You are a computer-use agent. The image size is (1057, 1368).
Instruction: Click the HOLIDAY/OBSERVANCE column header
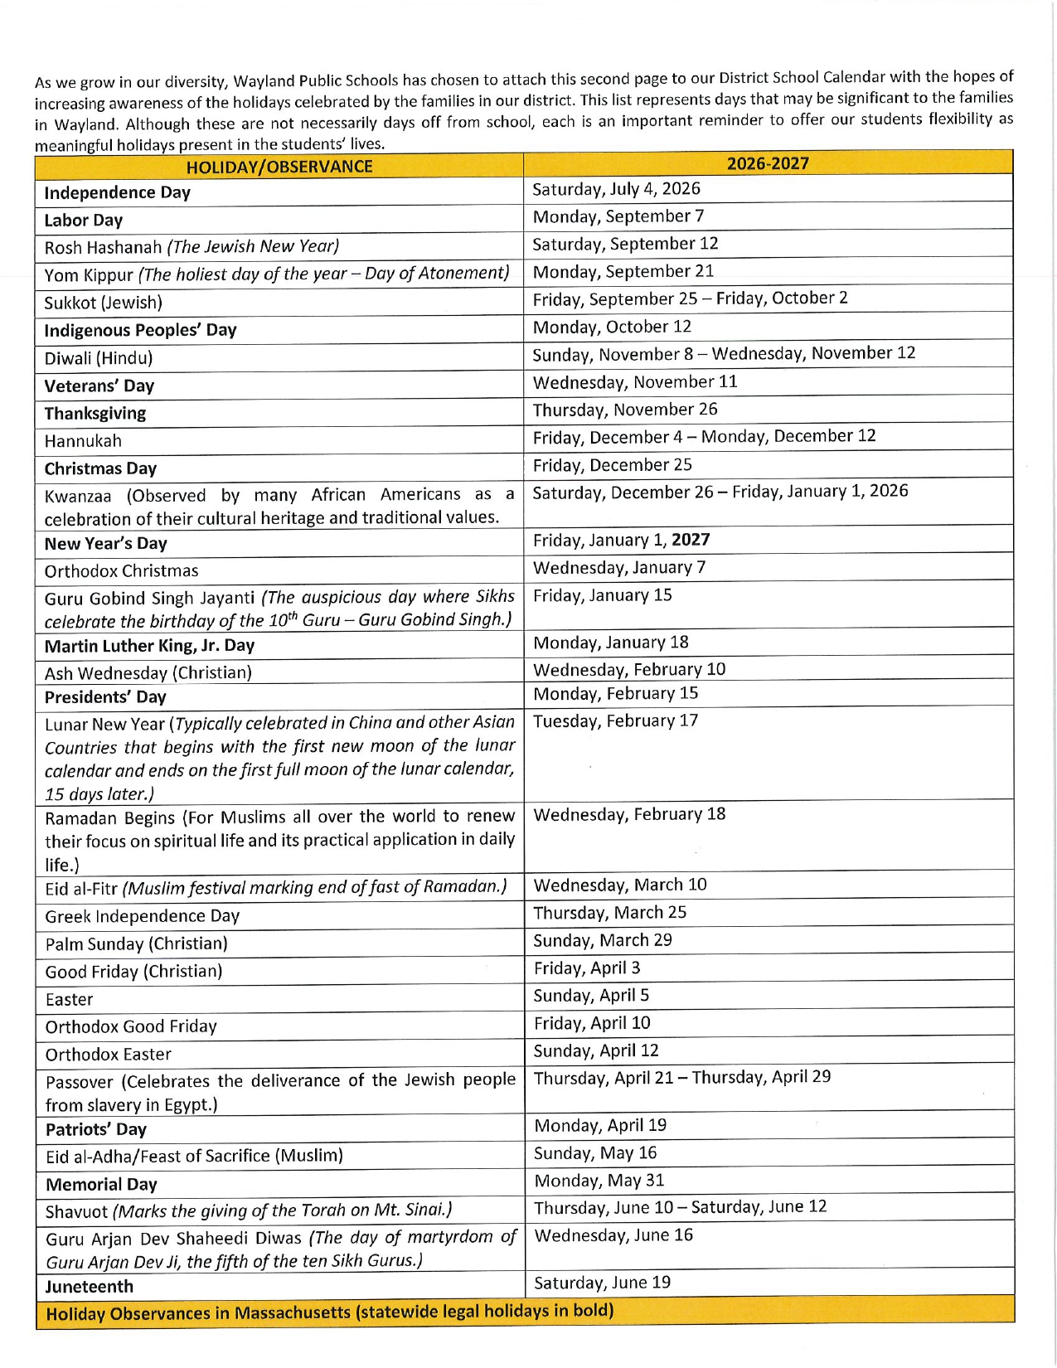(279, 167)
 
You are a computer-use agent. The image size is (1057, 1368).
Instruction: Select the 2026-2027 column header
(768, 163)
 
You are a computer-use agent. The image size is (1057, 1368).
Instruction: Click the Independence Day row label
(117, 193)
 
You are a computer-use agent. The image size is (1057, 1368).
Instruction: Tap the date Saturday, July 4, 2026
(616, 189)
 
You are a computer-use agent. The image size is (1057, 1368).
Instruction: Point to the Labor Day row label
(83, 221)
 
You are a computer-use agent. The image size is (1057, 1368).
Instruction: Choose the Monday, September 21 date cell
(623, 272)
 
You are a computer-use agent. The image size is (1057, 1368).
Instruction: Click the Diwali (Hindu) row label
(98, 358)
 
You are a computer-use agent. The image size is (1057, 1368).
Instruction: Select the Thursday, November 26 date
(625, 410)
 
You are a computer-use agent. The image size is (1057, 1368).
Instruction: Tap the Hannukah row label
(83, 441)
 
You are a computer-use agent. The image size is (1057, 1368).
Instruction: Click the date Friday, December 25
(612, 465)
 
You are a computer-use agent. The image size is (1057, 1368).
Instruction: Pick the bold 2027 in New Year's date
(691, 540)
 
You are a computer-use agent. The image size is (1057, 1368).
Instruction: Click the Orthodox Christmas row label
(121, 571)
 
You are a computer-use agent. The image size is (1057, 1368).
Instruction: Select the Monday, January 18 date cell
(611, 643)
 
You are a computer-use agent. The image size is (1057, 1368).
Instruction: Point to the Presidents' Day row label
(105, 697)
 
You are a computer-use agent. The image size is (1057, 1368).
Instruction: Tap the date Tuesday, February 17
(615, 721)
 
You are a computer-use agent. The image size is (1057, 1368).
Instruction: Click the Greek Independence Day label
(142, 916)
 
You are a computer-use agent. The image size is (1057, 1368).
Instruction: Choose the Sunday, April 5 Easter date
(591, 996)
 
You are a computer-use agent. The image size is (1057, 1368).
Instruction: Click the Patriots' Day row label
(95, 1130)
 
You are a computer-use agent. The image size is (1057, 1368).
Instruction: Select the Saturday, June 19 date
(602, 1283)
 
